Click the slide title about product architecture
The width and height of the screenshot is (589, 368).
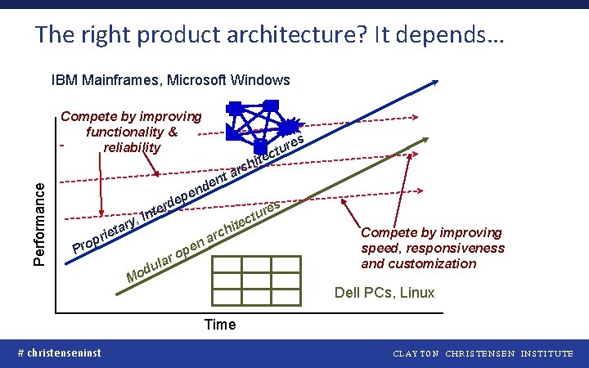click(270, 34)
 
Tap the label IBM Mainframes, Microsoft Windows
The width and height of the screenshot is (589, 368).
click(170, 80)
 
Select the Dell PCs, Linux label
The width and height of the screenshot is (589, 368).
click(384, 293)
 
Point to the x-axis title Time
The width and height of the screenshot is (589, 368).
click(220, 325)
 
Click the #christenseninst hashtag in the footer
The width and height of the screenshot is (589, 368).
click(60, 352)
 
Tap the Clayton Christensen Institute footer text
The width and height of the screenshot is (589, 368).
click(483, 353)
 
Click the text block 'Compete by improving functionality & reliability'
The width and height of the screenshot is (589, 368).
click(132, 132)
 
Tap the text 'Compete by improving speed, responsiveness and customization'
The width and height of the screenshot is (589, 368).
click(433, 248)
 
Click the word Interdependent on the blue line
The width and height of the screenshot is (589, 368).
click(183, 195)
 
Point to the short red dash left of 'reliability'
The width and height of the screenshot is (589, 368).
click(61, 148)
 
